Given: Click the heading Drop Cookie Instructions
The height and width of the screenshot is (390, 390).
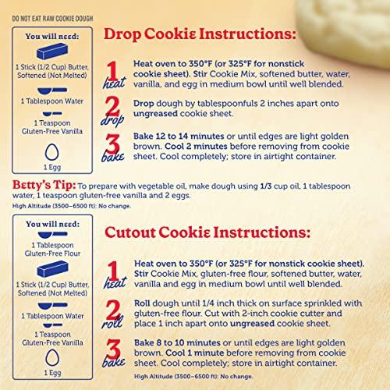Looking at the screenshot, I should [200, 35].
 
